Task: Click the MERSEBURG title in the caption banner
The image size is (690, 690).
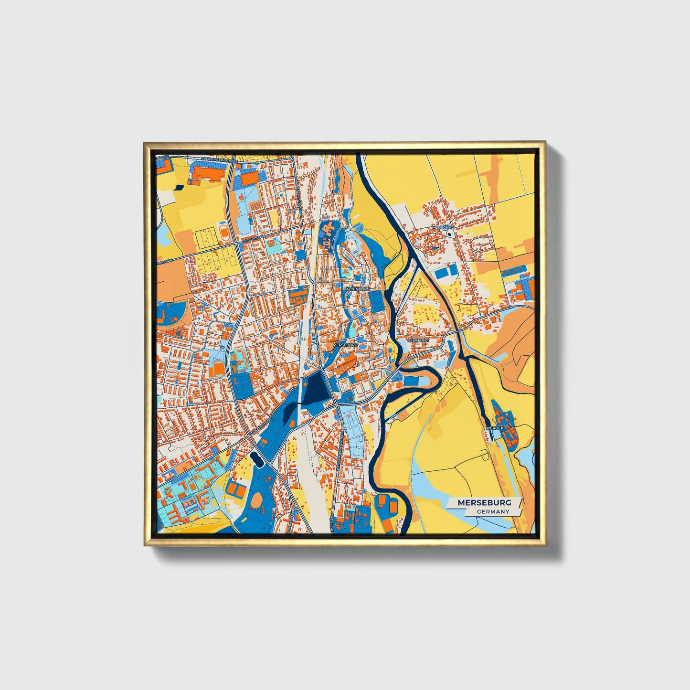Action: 484,503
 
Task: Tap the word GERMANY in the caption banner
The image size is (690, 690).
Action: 493,511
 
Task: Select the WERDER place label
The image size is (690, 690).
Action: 494,428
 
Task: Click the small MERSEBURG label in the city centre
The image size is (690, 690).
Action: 345,344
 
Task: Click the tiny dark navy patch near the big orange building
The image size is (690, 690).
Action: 178,187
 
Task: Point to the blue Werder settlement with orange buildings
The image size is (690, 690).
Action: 506,425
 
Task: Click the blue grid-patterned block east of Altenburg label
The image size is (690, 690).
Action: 376,299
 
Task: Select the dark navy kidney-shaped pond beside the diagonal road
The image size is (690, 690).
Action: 256,459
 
